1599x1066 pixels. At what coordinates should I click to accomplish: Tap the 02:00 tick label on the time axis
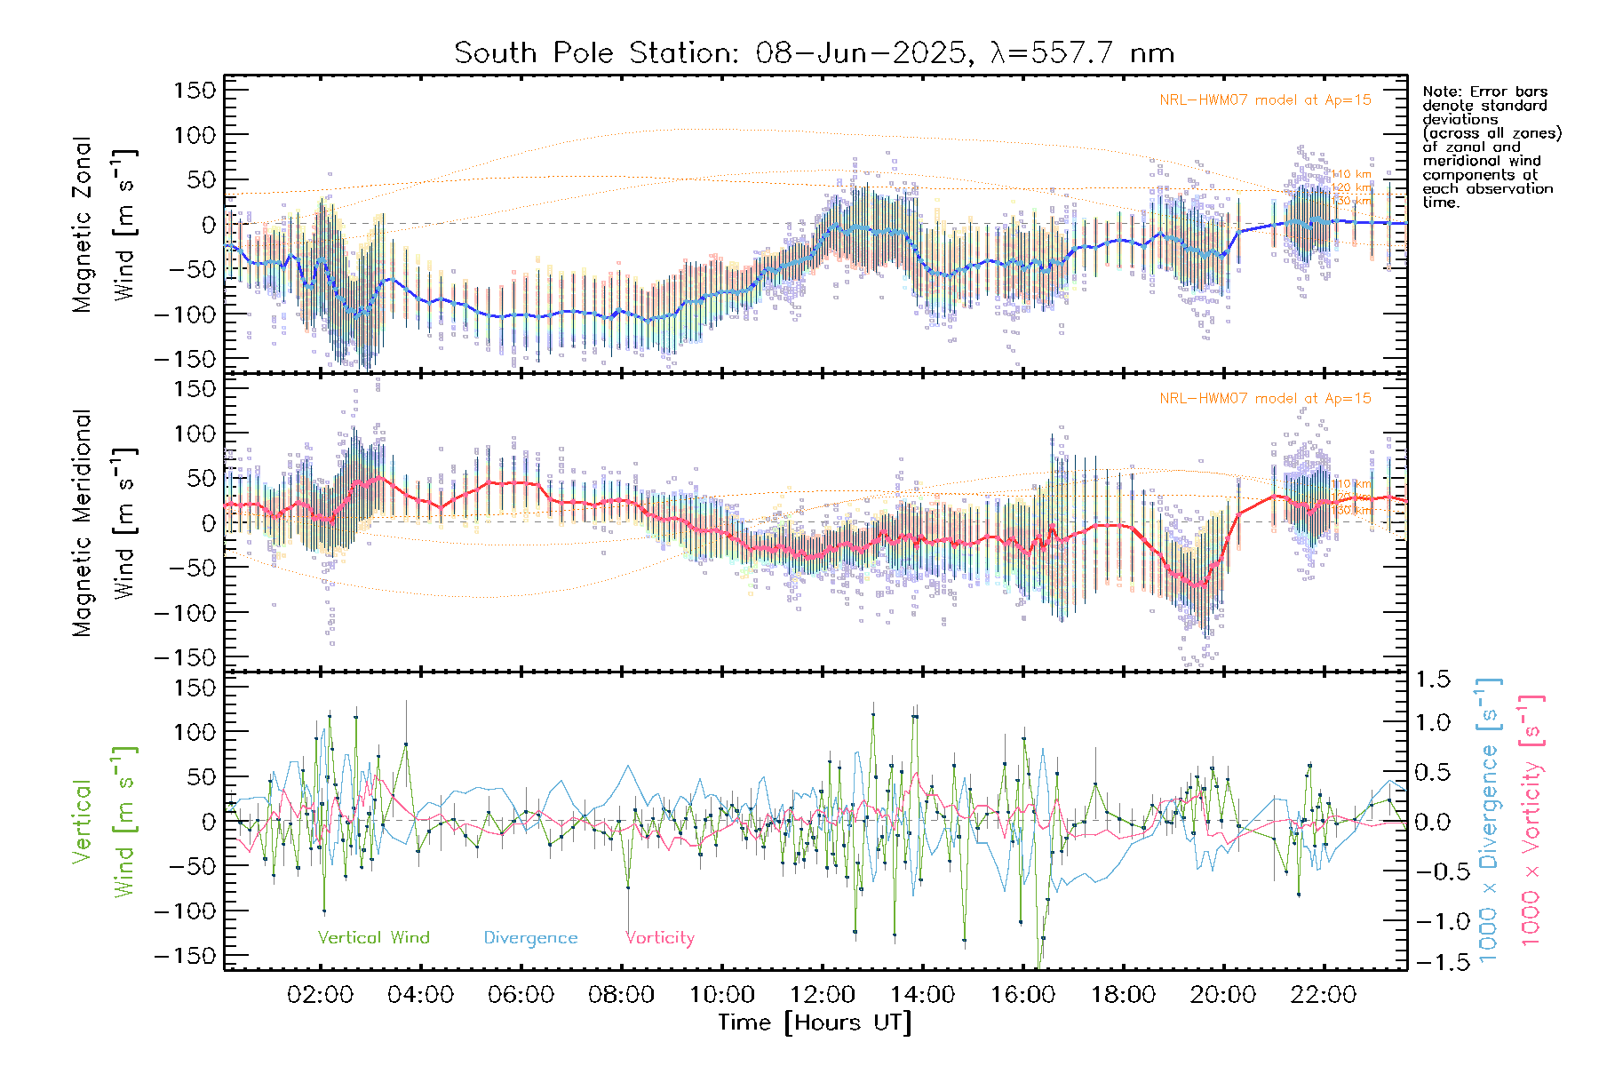tap(320, 995)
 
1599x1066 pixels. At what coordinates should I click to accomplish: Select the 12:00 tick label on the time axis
tap(822, 995)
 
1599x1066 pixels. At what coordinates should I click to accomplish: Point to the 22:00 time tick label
tap(1324, 995)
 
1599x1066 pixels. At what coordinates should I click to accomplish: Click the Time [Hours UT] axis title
tap(815, 1022)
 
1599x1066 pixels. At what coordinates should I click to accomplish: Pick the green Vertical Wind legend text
tap(373, 938)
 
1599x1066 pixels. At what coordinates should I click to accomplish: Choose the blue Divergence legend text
tap(530, 938)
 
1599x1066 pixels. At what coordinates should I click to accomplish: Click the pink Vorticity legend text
tap(659, 938)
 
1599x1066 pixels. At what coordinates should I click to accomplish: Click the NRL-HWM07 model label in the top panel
tap(1265, 100)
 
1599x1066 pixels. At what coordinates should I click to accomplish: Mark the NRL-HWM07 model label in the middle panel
tap(1265, 399)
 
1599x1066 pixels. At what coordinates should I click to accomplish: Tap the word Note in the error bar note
tap(1439, 92)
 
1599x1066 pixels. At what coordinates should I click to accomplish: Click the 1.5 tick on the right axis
tap(1432, 680)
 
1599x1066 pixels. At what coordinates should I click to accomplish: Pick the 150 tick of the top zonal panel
tap(195, 91)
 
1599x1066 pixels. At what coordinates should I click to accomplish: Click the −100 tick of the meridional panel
tap(185, 613)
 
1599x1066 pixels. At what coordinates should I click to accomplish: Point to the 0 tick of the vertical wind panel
tap(208, 822)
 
